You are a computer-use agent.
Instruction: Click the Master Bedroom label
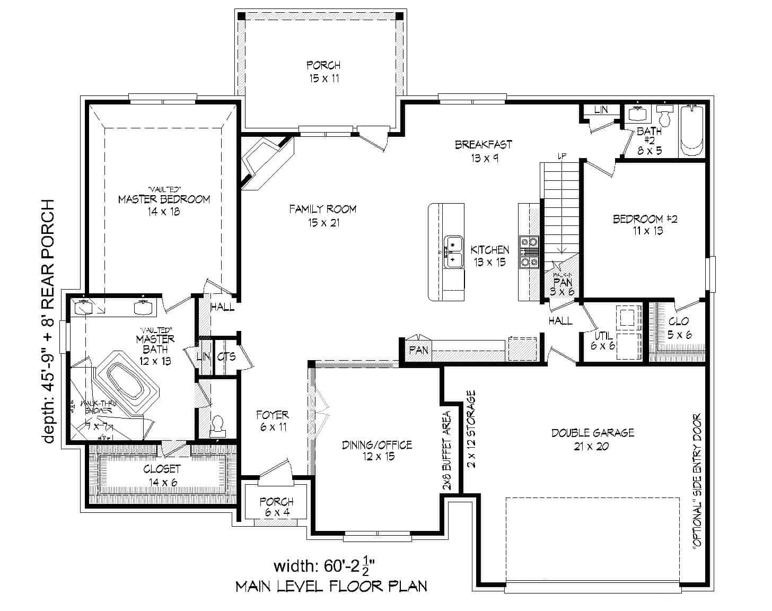point(164,200)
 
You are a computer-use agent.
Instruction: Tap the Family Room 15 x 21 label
point(322,215)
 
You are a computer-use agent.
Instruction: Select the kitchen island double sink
point(454,252)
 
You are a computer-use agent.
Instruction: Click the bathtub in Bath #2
point(691,131)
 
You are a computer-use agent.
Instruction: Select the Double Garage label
point(592,439)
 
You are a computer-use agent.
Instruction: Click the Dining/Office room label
point(376,450)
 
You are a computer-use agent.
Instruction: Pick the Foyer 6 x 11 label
point(273,421)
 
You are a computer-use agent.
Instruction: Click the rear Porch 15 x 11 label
point(323,72)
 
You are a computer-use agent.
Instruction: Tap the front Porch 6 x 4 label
point(276,507)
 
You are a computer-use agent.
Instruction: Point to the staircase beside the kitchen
point(560,207)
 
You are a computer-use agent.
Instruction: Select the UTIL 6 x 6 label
point(603,341)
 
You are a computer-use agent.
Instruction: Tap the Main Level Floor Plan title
point(331,586)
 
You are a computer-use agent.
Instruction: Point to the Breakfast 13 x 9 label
point(483,151)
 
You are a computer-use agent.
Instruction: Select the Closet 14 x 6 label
point(162,475)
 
